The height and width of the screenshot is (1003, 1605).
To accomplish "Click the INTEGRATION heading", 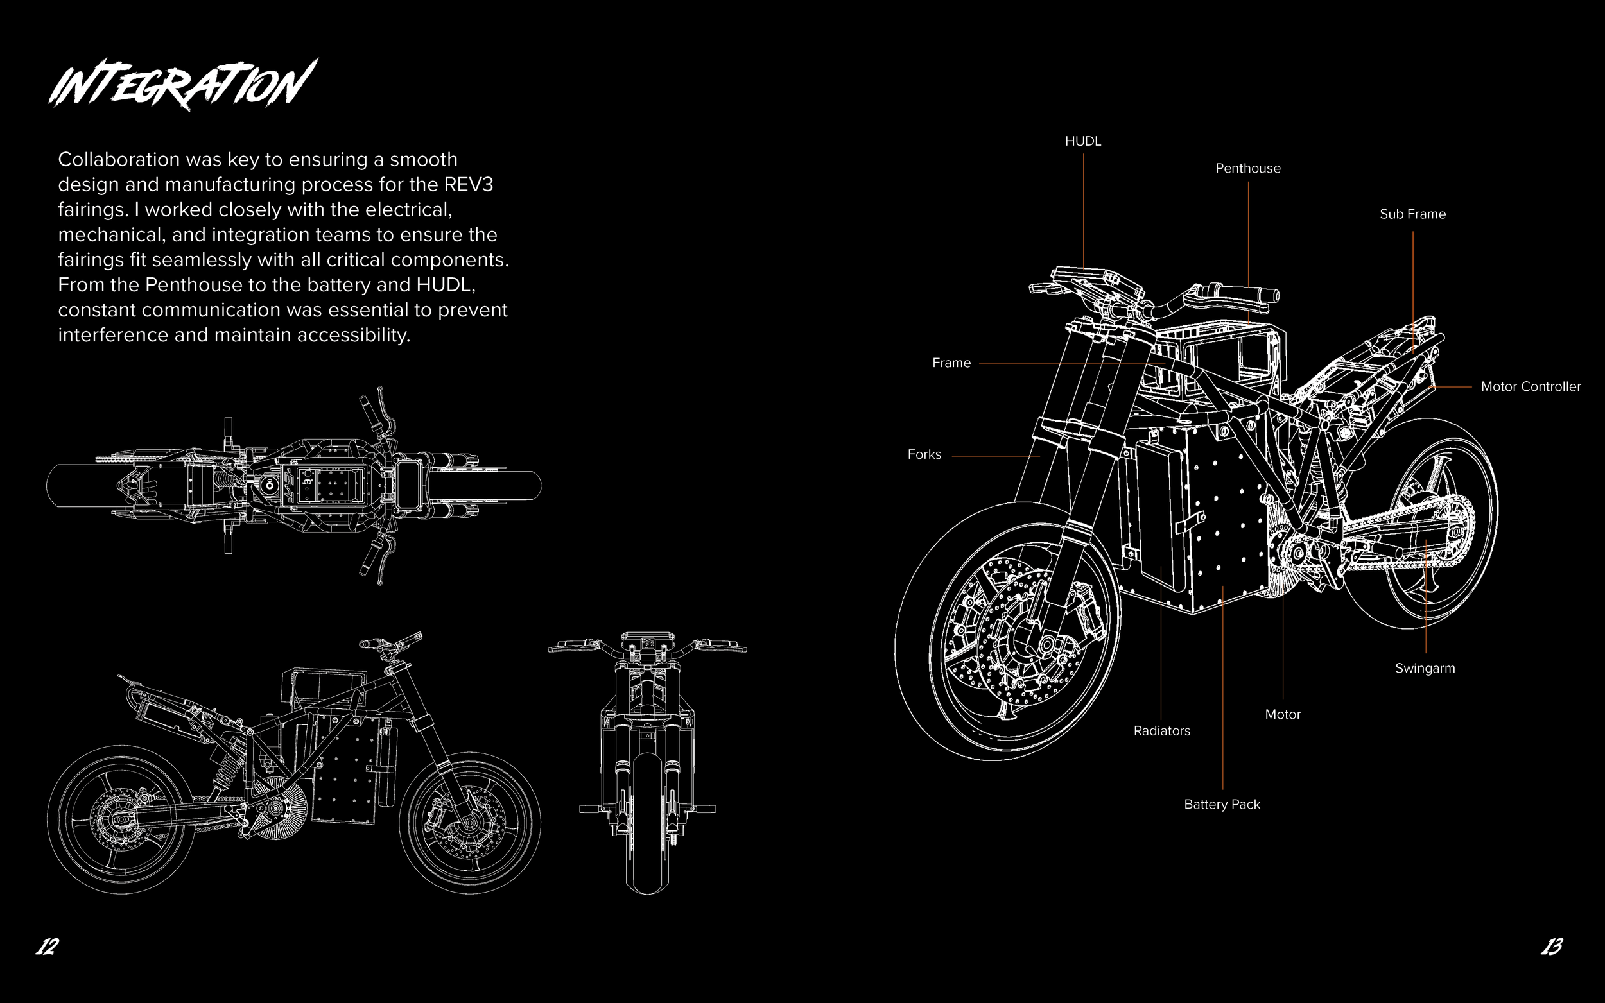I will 182,84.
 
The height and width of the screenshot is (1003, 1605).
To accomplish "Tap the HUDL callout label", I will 1083,141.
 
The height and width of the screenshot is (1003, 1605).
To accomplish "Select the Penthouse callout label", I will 1247,169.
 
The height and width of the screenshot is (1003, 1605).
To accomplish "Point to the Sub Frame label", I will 1412,214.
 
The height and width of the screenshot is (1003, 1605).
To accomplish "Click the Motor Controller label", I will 1531,387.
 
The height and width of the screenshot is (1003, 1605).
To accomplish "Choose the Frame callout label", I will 951,363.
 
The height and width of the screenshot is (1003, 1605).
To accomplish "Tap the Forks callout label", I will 924,454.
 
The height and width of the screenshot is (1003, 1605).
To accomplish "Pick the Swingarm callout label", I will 1425,669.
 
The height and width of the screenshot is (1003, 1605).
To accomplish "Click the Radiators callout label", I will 1161,731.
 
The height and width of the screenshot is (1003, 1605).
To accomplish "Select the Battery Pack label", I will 1222,805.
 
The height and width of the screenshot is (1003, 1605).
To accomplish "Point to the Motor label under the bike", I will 1283,714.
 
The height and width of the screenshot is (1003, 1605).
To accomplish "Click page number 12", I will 47,947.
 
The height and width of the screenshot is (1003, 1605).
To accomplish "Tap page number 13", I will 1551,947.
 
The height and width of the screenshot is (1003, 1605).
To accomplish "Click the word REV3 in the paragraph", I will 469,184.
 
